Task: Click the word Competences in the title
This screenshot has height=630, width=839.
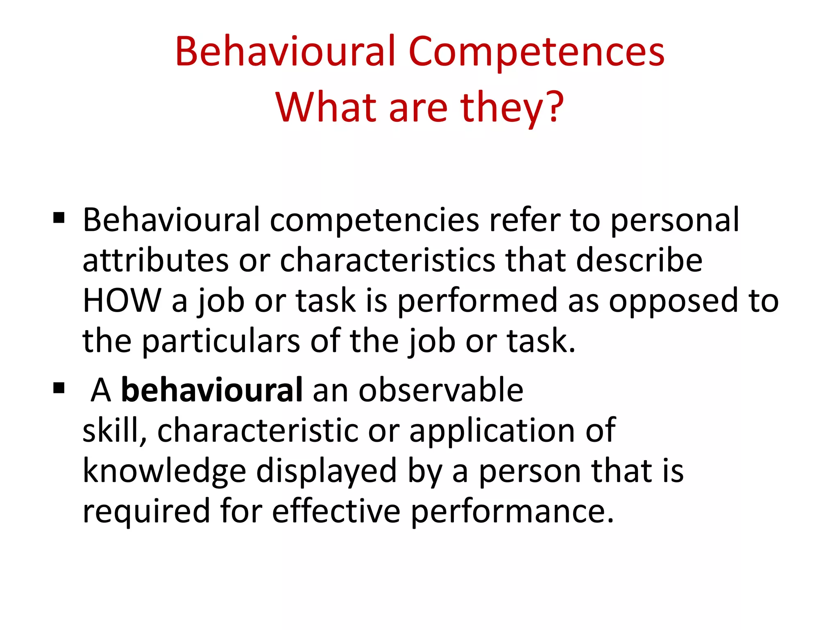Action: [x=536, y=52]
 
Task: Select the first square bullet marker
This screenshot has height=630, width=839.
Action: [x=59, y=218]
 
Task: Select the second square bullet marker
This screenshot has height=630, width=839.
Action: [x=59, y=388]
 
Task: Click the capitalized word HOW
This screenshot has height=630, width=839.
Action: [x=122, y=301]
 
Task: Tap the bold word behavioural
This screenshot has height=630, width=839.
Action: [x=212, y=390]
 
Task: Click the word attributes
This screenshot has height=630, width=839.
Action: [x=156, y=260]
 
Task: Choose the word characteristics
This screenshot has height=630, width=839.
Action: [x=388, y=260]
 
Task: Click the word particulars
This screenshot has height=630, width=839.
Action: [x=221, y=341]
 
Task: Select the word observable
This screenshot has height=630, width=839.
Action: [x=441, y=390]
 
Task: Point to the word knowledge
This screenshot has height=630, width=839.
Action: [x=164, y=471]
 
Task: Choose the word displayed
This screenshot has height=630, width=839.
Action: [x=327, y=471]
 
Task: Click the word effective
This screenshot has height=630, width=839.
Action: [x=336, y=511]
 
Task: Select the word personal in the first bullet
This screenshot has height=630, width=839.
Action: [x=675, y=220]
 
